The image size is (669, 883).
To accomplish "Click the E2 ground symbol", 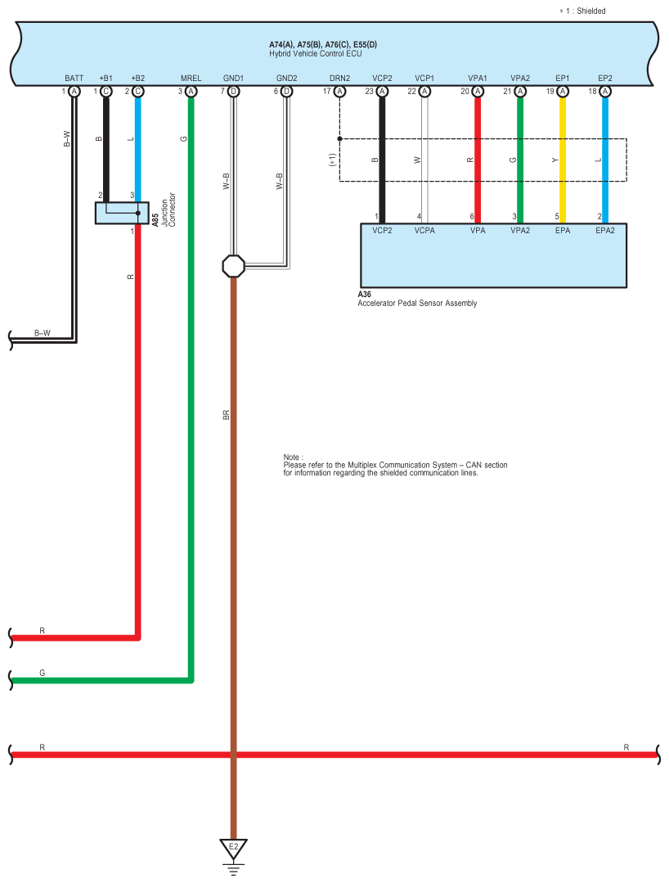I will pos(233,848).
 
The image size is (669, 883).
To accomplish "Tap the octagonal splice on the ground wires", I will pos(233,266).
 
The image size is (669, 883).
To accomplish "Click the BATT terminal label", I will pos(74,79).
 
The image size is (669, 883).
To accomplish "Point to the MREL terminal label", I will pos(191,79).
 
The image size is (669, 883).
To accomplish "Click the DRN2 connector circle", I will pos(339,92).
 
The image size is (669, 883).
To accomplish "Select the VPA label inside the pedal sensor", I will pos(478,232).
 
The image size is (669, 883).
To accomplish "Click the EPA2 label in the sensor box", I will pos(605,232).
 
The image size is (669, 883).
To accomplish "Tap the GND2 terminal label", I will pos(286,79).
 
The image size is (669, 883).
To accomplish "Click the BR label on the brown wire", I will pos(227,415).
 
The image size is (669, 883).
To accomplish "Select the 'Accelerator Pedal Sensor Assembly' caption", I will pos(416,304).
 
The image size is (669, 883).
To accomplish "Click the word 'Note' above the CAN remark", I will pos(293,457).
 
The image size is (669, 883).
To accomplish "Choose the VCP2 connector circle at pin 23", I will pos(381,92).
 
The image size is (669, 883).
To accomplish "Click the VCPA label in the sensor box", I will pos(424,232).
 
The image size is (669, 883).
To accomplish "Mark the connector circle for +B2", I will pos(138,92).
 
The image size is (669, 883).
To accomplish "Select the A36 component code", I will pos(365,295).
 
